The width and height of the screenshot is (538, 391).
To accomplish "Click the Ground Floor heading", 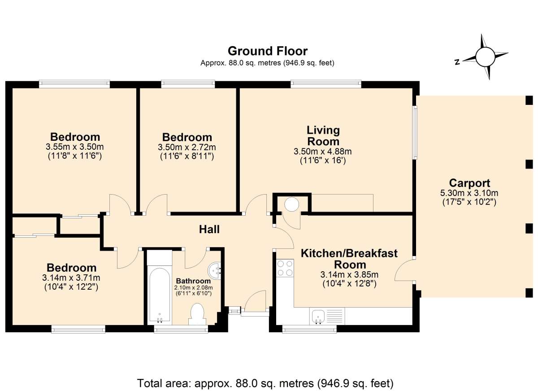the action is pos(267,51).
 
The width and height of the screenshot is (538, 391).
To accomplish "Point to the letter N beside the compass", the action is pos(457,62).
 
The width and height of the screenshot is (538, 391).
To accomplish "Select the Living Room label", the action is pos(323,136).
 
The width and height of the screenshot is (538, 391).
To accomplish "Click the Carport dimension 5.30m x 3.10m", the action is pos(469,193).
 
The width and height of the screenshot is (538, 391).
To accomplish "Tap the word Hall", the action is pos(209,230).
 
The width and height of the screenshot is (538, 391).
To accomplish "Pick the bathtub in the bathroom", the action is pos(160,295).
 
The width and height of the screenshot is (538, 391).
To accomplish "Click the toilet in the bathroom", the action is pos(197,314).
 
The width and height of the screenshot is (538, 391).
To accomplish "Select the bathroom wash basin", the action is pos(214,271).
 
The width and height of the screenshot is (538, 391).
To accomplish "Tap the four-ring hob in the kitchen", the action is pos(285,268).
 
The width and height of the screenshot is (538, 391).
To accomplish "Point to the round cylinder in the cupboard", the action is pos(291,204).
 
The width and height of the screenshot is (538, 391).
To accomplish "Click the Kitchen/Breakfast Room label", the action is pos(349,259).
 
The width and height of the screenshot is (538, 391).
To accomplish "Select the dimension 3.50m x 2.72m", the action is pos(187,147).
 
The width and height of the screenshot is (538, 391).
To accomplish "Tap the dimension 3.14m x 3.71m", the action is pos(71,278).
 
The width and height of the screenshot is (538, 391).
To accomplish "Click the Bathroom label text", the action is pos(193,281).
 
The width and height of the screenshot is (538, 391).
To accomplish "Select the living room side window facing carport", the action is pos(415,132).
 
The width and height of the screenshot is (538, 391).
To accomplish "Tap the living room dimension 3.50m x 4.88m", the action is pos(322,152).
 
